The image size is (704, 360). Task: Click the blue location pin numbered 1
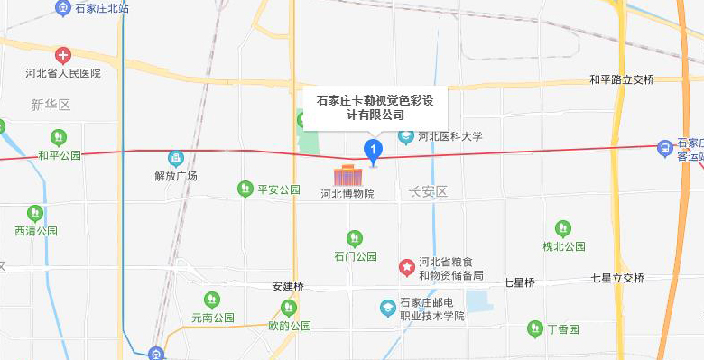coord(371,150)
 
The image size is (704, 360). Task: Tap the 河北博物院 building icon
coord(347,175)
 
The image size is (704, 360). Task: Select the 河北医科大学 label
coord(450,137)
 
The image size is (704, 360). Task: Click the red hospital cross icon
coord(62,56)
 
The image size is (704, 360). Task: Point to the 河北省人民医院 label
coord(63,73)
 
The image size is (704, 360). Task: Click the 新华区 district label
coord(51,106)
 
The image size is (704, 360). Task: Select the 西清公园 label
coord(36,231)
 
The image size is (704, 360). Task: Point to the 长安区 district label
coord(428,191)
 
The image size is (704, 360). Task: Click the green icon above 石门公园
coord(355,238)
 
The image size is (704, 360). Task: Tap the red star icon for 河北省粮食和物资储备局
coord(407,268)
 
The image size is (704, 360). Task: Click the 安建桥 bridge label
coord(288,286)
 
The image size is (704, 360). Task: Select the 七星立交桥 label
coord(618,279)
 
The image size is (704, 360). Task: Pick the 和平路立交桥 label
coord(621,80)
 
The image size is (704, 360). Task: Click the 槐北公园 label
coord(564,246)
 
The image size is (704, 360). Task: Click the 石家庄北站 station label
coord(102,8)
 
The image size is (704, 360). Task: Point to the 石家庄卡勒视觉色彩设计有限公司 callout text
coord(374,107)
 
